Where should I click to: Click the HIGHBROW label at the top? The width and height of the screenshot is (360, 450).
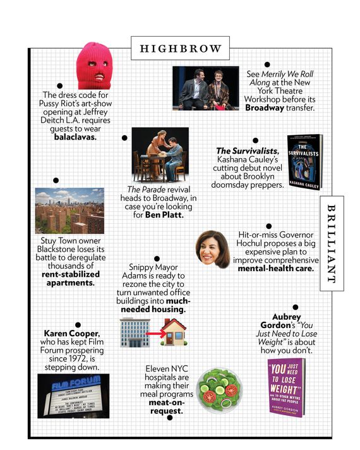pos(180,48)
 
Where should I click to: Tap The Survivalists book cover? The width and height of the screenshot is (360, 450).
pos(305,162)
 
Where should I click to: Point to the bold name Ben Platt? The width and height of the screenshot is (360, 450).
pos(164,215)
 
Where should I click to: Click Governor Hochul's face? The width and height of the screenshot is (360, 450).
pos(213,248)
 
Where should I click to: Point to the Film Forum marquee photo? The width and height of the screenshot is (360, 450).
pos(73,395)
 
